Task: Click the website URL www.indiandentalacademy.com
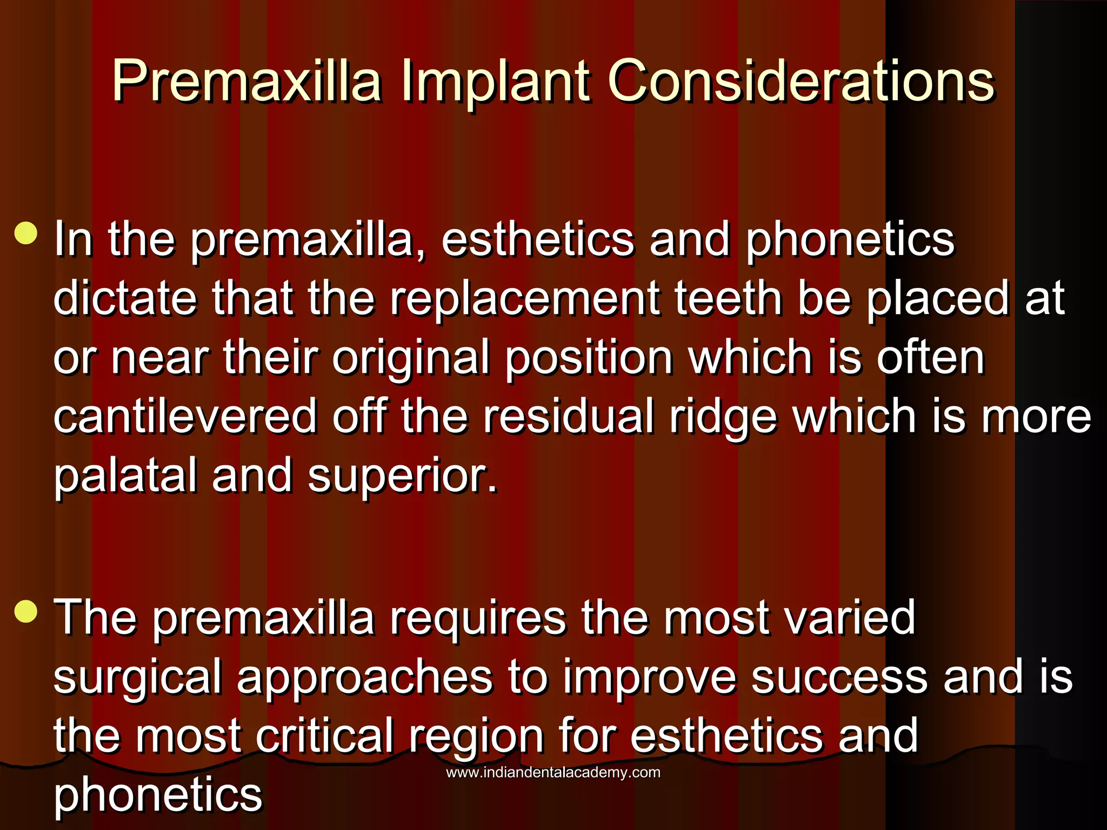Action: [553, 772]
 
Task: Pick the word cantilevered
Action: [185, 416]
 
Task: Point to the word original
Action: [411, 358]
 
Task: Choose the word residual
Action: [568, 416]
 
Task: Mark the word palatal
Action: [125, 475]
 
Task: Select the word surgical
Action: [137, 678]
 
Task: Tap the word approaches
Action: [365, 678]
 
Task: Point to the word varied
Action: [850, 617]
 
